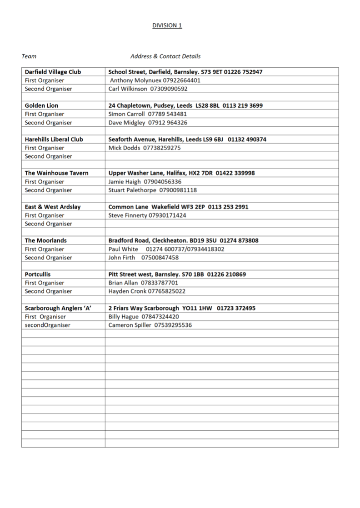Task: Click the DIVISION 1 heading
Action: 167,25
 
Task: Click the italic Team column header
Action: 29,56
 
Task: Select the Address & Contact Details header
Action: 165,56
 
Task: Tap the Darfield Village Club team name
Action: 53,72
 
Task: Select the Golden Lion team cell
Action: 41,105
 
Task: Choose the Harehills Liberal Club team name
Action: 54,139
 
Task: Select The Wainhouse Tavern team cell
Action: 56,173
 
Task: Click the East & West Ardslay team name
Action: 52,207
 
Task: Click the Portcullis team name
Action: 38,274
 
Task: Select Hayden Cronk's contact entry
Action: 146,291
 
